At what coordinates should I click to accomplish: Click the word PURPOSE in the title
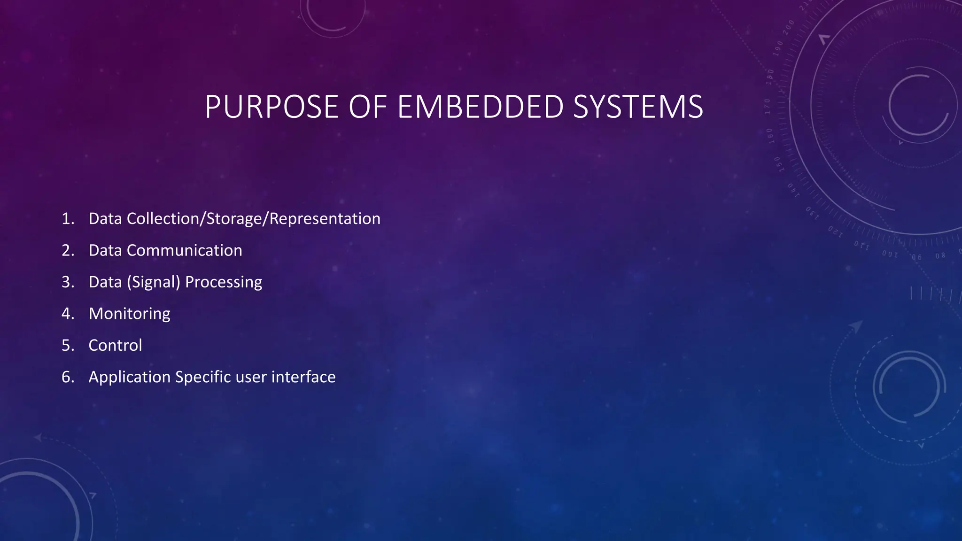point(271,107)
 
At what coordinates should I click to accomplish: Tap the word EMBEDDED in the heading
point(480,107)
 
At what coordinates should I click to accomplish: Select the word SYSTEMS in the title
point(638,107)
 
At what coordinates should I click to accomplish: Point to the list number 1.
point(68,219)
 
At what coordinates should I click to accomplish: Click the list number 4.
point(68,314)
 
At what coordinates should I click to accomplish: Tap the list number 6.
point(68,377)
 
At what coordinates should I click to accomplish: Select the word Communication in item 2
point(184,250)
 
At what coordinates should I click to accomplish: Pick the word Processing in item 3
point(224,282)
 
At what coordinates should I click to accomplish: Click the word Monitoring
point(129,314)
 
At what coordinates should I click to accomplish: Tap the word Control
point(115,346)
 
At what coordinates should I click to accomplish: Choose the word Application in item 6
point(130,377)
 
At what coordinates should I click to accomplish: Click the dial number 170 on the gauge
point(768,107)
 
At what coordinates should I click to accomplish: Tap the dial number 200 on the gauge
point(788,27)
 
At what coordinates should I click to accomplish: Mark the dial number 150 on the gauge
point(777,164)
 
